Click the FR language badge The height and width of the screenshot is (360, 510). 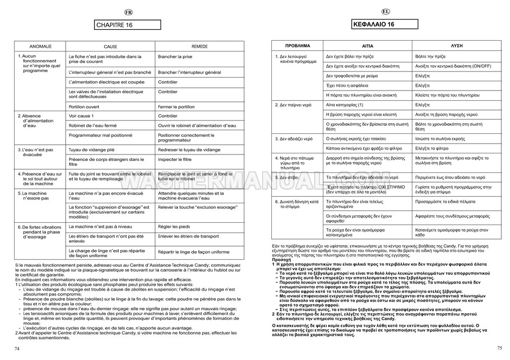(128, 12)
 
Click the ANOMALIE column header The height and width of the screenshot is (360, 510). (40, 47)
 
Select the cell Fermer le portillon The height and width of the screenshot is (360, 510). (176, 107)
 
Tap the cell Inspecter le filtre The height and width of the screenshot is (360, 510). (175, 159)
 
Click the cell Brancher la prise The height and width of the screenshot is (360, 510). (175, 56)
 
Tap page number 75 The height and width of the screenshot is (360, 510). (499, 348)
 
